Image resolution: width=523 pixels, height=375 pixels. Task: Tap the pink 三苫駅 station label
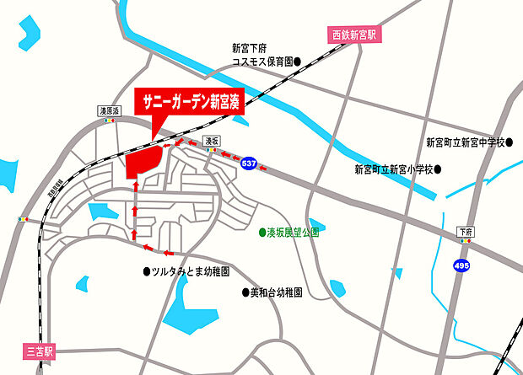(38, 351)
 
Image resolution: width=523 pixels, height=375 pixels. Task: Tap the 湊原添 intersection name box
(111, 110)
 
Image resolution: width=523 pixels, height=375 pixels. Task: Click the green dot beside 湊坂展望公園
(261, 232)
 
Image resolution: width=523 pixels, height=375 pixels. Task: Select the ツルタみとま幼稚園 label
(191, 272)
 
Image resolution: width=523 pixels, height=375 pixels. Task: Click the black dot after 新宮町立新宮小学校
(439, 169)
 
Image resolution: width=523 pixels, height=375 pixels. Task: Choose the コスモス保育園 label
(261, 62)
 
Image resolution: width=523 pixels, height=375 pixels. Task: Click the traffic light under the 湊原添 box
(110, 121)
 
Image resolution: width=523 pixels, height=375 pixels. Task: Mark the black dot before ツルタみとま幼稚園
(146, 272)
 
